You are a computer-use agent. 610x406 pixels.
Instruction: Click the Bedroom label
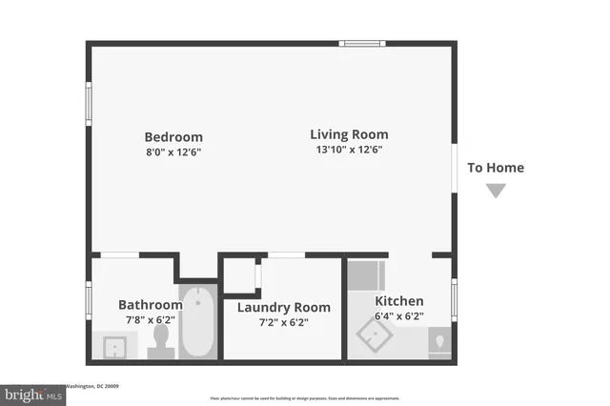[x=173, y=136]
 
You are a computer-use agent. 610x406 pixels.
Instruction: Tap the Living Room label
[x=349, y=134]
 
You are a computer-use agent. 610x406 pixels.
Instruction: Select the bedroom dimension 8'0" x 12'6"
[x=173, y=152]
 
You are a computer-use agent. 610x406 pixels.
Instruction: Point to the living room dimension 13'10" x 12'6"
[x=349, y=150]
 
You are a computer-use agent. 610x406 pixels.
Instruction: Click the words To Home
[x=495, y=168]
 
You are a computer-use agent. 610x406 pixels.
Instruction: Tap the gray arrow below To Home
[x=496, y=191]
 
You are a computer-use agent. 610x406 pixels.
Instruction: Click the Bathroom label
[x=150, y=305]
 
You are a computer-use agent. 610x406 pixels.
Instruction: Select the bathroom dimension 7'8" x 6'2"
[x=150, y=320]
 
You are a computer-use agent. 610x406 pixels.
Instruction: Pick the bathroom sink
[x=115, y=346]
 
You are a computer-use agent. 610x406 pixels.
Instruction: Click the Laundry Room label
[x=284, y=307]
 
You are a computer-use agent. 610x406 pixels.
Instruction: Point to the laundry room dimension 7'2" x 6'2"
[x=284, y=322]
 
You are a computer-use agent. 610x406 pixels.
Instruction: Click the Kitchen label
[x=398, y=301]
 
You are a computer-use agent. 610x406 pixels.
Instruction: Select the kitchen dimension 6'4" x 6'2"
[x=398, y=316]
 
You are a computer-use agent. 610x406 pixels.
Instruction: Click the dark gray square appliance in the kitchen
[x=362, y=274]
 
